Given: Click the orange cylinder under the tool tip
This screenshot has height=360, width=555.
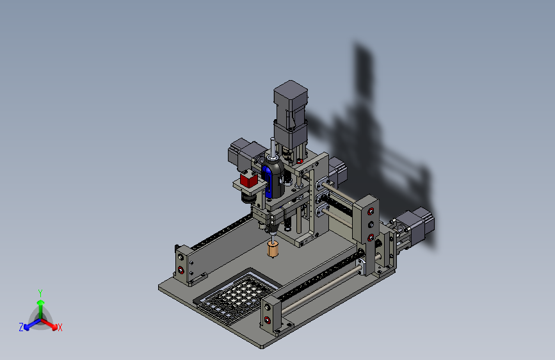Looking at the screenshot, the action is (x=273, y=249).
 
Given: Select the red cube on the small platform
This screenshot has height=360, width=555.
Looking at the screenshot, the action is (x=248, y=180).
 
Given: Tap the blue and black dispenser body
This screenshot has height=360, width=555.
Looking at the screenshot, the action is (x=273, y=178).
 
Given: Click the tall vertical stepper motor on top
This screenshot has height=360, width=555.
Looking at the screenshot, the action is (x=290, y=117).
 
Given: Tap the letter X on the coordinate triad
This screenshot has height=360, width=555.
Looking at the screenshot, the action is (x=60, y=327).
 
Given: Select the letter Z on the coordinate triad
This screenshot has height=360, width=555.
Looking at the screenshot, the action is (x=21, y=327).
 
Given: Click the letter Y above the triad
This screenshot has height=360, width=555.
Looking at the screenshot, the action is (x=40, y=293).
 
